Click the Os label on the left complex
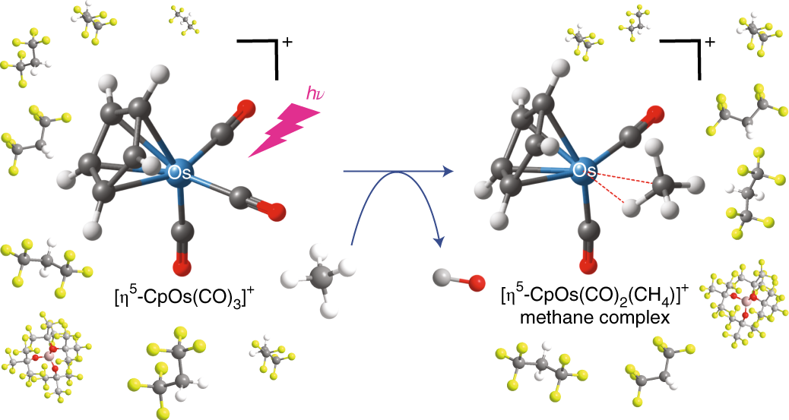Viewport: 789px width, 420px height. tap(179, 174)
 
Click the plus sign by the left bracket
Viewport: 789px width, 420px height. tap(287, 43)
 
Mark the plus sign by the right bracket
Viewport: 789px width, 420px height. tap(709, 43)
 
